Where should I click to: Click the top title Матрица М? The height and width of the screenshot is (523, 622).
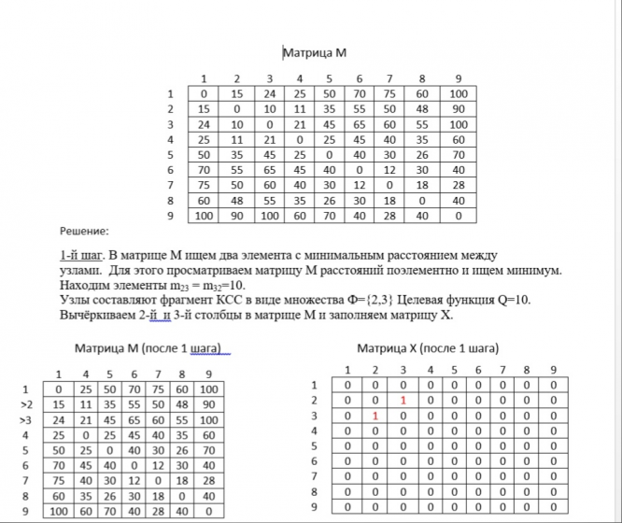coord(314,54)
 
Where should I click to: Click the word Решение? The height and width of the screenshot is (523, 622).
coord(84,229)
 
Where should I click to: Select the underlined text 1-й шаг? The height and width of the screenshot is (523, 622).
coord(78,255)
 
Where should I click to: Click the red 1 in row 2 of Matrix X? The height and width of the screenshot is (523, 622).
coord(402,400)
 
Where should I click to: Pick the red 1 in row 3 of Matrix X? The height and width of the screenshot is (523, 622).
coord(374,415)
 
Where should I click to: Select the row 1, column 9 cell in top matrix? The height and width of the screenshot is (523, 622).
coord(458,94)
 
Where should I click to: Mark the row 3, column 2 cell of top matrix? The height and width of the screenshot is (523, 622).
coord(236,124)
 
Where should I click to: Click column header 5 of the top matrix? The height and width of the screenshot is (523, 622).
coord(331,78)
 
